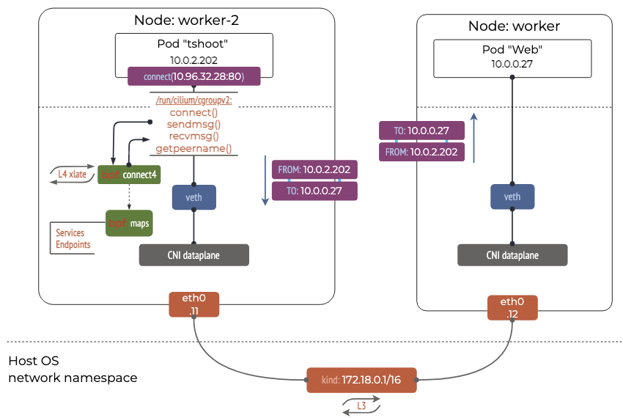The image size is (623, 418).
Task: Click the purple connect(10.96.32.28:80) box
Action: click(194, 76)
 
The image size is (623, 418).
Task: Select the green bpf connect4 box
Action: click(129, 175)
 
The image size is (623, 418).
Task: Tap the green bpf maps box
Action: click(129, 222)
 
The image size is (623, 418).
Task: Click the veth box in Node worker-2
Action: click(194, 197)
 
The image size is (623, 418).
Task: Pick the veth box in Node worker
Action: click(512, 197)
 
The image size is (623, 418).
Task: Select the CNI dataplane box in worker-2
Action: click(194, 254)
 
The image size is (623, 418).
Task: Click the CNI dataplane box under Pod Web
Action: click(512, 255)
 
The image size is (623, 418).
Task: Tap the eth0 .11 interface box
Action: click(194, 306)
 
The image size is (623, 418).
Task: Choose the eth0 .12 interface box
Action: click(512, 307)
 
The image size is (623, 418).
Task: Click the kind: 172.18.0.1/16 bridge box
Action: click(361, 381)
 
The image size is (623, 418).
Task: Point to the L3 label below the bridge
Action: click(361, 406)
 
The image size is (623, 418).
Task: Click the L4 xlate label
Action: click(73, 174)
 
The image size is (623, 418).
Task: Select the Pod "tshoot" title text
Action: click(194, 44)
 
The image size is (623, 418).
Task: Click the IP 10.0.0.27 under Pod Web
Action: click(512, 64)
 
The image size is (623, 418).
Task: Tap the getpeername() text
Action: click(193, 149)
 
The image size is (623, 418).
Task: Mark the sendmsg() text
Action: click(193, 125)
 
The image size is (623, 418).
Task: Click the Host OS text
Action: click(34, 361)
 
